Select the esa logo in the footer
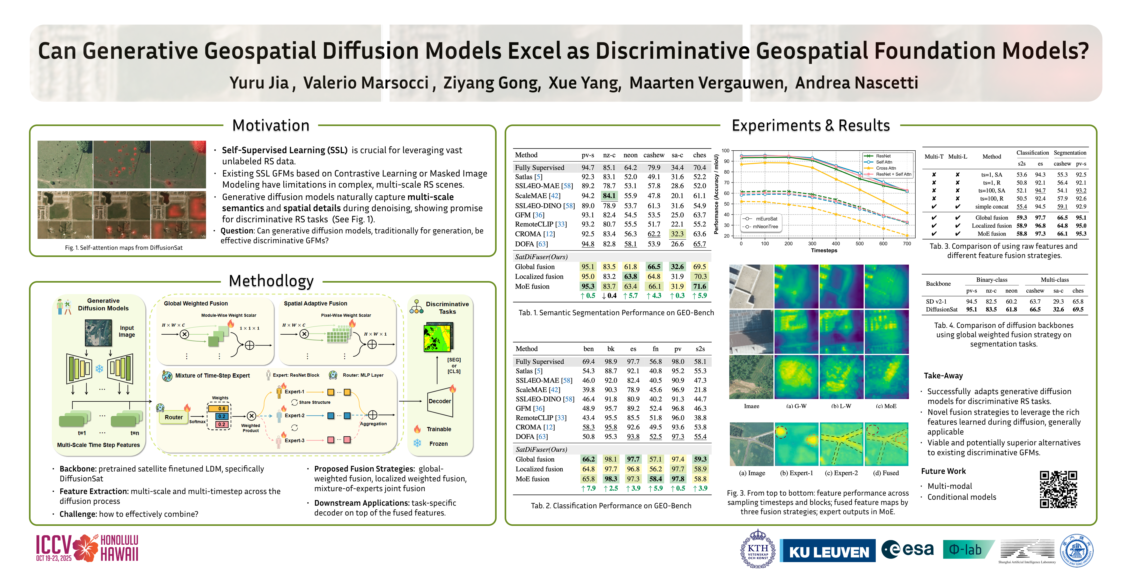(x=908, y=549)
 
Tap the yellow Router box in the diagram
(x=173, y=417)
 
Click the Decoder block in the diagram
(x=439, y=401)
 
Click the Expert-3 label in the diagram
(x=294, y=440)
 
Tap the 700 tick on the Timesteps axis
(x=907, y=244)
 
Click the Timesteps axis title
(x=824, y=251)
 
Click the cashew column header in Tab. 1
(x=654, y=155)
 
